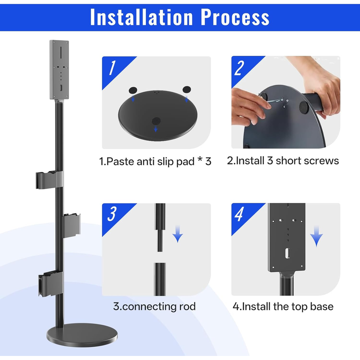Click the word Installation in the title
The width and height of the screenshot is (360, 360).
[141, 17]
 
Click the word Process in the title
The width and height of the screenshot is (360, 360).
[235, 17]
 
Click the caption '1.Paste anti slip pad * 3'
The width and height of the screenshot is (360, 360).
[155, 162]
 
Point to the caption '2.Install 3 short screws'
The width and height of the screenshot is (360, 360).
[283, 161]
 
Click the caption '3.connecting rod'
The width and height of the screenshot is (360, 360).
[154, 306]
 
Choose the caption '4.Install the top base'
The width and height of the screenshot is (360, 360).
[283, 306]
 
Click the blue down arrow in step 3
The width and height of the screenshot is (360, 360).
[178, 234]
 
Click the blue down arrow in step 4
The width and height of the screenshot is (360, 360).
[316, 236]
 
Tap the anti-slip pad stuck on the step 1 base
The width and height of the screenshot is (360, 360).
[156, 121]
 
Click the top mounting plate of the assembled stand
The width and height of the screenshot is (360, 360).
[59, 70]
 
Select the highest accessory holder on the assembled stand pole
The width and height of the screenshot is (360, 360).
[49, 180]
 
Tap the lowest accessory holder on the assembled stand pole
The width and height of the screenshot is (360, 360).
[51, 283]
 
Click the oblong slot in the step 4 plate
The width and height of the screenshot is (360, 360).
[287, 253]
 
